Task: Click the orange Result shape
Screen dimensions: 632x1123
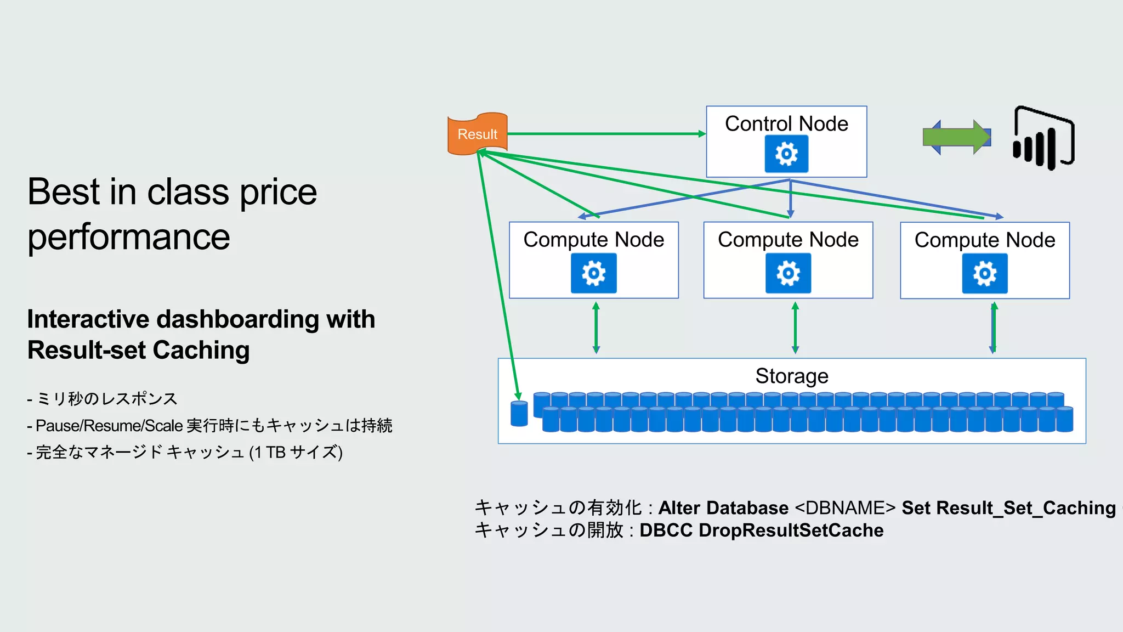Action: pyautogui.click(x=477, y=134)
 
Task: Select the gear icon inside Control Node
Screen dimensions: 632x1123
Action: pyautogui.click(x=786, y=154)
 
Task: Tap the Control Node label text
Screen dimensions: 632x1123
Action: pyautogui.click(x=786, y=124)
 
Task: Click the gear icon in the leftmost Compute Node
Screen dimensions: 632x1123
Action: pyautogui.click(x=593, y=273)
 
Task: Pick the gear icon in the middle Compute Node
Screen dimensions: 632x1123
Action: pyautogui.click(x=788, y=273)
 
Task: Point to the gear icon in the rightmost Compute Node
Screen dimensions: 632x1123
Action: pyautogui.click(x=984, y=274)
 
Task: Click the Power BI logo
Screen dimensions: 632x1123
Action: pyautogui.click(x=1043, y=138)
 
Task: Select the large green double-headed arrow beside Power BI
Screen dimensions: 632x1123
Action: pyautogui.click(x=957, y=137)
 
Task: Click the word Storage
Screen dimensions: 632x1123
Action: pyautogui.click(x=791, y=376)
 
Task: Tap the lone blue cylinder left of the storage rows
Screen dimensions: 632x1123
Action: pyautogui.click(x=519, y=414)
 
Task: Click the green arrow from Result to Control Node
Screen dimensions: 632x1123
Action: pyautogui.click(x=603, y=133)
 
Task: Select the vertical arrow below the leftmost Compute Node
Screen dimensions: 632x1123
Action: pyautogui.click(x=596, y=328)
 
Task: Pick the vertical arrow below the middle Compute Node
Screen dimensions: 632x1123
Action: pyautogui.click(x=795, y=328)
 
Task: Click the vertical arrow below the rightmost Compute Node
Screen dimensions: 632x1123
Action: pyautogui.click(x=994, y=328)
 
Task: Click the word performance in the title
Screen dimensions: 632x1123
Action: pyautogui.click(x=129, y=237)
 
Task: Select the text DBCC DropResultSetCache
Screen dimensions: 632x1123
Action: pyautogui.click(x=761, y=531)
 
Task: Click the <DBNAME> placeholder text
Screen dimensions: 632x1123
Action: pyautogui.click(x=844, y=508)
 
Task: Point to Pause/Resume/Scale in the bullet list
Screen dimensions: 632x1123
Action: pyautogui.click(x=109, y=426)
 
